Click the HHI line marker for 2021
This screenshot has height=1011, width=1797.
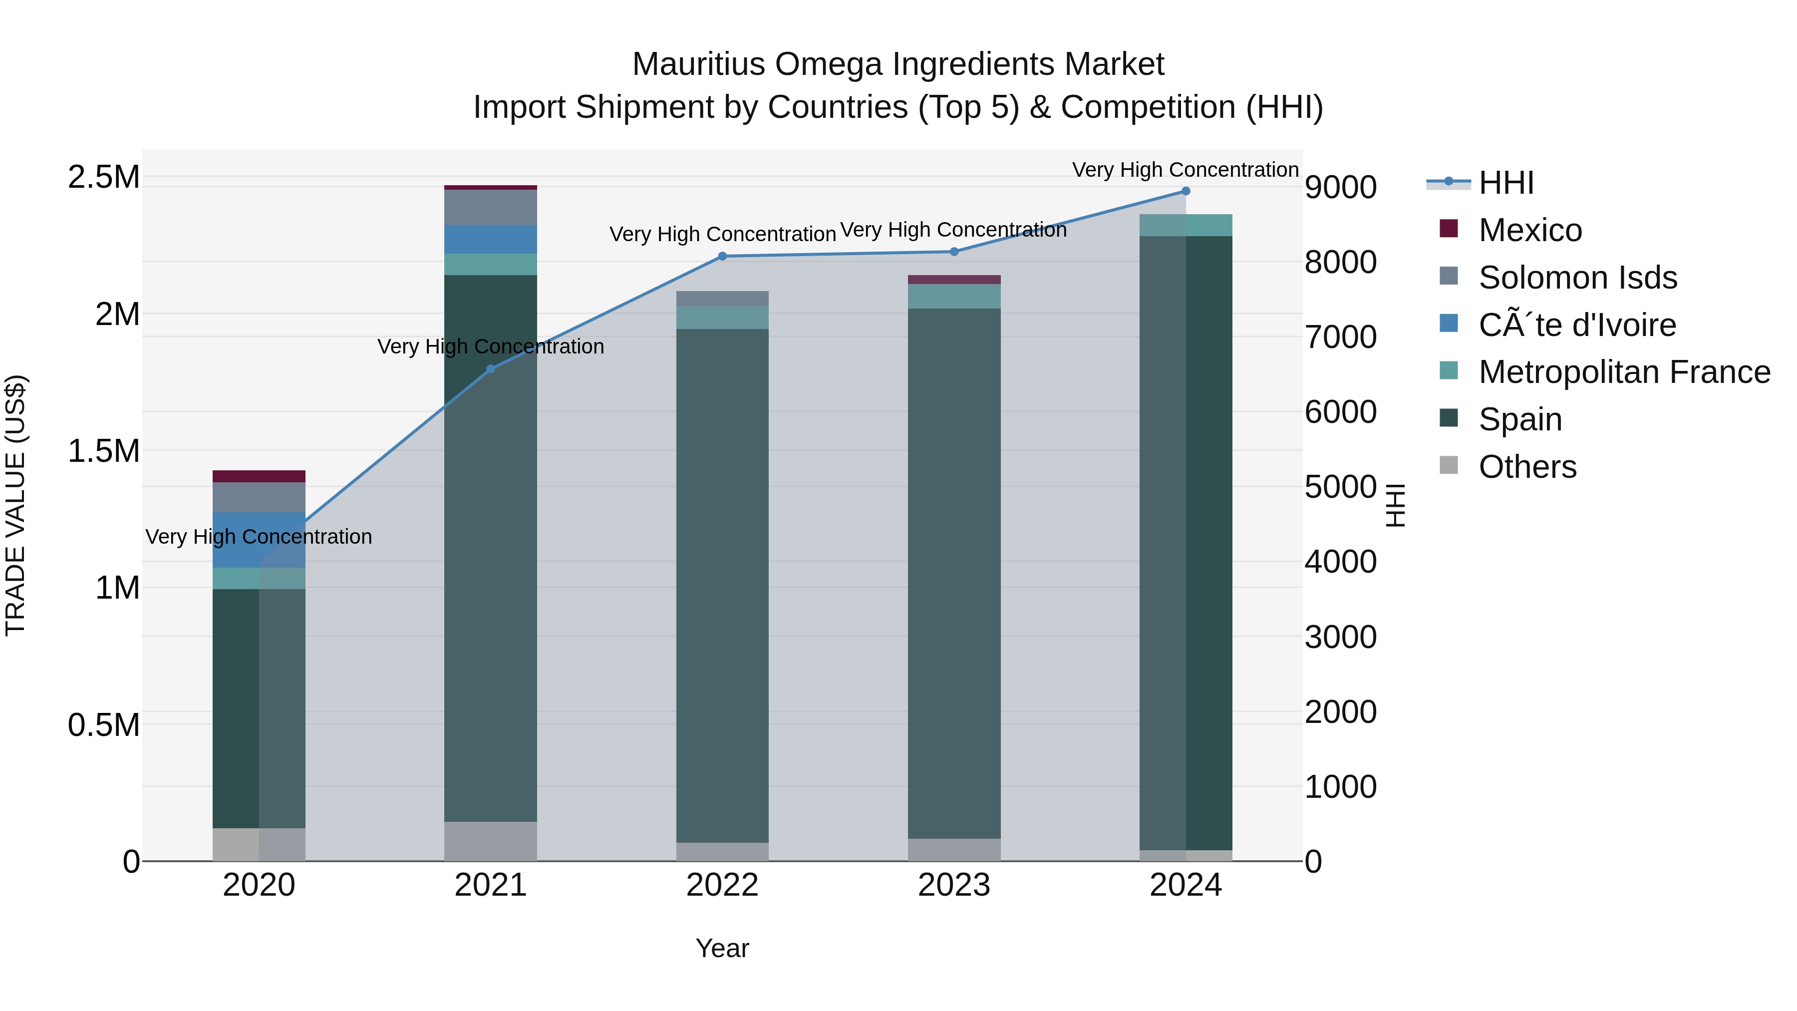tap(490, 368)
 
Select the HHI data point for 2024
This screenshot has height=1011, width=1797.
tap(1185, 191)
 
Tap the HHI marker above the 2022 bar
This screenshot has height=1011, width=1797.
tap(722, 256)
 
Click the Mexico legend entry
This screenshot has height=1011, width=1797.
tap(1530, 230)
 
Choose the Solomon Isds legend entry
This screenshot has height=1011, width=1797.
tap(1577, 278)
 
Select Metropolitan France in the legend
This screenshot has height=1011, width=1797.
tap(1624, 372)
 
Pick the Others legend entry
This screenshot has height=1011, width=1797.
tap(1527, 467)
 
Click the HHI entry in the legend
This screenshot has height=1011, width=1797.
tap(1505, 183)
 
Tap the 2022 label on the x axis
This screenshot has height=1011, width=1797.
tap(722, 885)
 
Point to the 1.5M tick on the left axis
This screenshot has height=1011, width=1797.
tap(103, 451)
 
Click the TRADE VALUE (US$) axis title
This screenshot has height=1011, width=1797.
tap(15, 505)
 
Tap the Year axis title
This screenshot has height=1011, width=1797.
tap(722, 948)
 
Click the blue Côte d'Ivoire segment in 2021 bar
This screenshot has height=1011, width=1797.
tap(490, 239)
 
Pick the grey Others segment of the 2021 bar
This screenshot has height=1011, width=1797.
tap(490, 841)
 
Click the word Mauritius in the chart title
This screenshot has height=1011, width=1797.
tap(698, 64)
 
